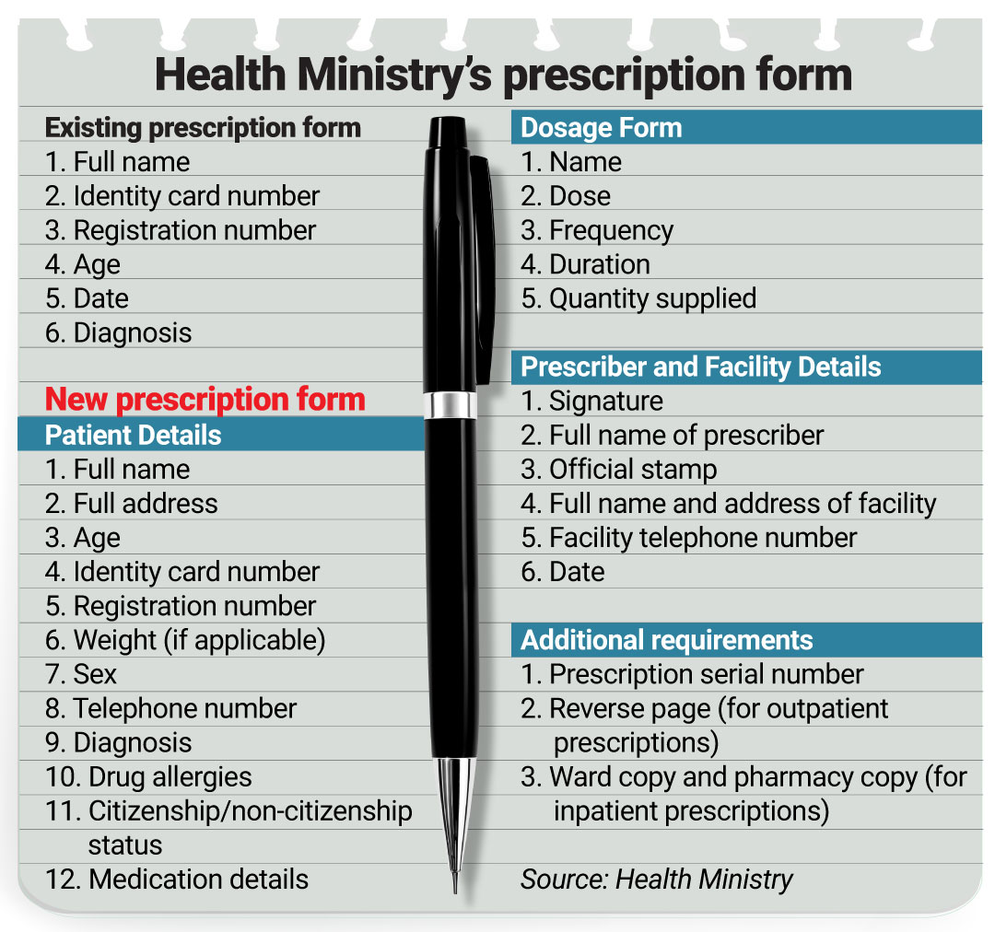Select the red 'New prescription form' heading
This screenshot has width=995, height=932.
pyautogui.click(x=205, y=400)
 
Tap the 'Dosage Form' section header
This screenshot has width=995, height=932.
pyautogui.click(x=601, y=127)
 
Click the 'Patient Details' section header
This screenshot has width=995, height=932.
pyautogui.click(x=133, y=434)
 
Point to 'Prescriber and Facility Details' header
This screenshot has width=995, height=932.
pyautogui.click(x=700, y=367)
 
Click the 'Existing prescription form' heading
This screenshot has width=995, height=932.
pyautogui.click(x=203, y=127)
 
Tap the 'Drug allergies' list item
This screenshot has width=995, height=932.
pyautogui.click(x=148, y=776)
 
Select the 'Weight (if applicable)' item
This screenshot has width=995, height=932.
pyautogui.click(x=185, y=640)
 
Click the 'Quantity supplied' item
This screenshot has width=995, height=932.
pyautogui.click(x=638, y=298)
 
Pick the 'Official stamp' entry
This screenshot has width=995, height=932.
pyautogui.click(x=618, y=469)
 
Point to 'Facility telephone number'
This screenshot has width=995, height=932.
pyautogui.click(x=688, y=538)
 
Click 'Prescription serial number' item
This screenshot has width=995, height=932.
pyautogui.click(x=692, y=674)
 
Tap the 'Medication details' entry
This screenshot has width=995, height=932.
pyautogui.click(x=177, y=879)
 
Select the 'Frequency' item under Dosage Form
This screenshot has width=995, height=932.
pyautogui.click(x=597, y=230)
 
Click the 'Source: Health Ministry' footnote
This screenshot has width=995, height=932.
pyautogui.click(x=656, y=879)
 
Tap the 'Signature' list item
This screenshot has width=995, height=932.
pyautogui.click(x=591, y=401)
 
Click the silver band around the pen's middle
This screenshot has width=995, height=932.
pyautogui.click(x=451, y=405)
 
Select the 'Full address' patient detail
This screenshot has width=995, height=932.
pyautogui.click(x=132, y=504)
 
